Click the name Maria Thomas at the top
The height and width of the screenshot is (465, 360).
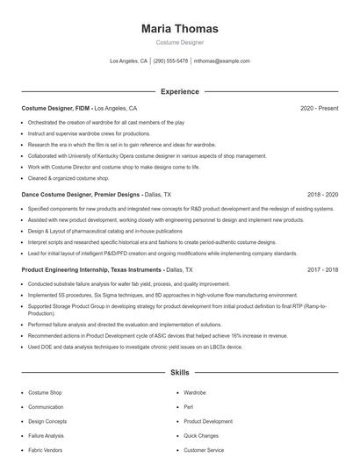[179, 29]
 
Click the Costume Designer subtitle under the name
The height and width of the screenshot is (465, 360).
[179, 42]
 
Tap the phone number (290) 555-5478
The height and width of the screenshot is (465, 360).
[170, 61]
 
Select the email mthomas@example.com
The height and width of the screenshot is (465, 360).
[222, 61]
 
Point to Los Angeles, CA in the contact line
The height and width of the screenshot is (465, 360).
[128, 61]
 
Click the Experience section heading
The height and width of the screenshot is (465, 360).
[179, 91]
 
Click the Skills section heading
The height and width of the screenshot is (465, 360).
[179, 373]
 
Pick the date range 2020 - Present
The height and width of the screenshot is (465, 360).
[319, 108]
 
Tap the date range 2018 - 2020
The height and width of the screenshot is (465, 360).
[322, 194]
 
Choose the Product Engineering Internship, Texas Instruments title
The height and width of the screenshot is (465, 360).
[90, 270]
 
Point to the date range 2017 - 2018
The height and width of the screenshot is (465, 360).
[322, 270]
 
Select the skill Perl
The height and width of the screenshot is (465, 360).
[189, 407]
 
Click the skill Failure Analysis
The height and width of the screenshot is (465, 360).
[46, 435]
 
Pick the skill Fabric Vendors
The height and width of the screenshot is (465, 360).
[47, 449]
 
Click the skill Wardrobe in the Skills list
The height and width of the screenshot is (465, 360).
[195, 393]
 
